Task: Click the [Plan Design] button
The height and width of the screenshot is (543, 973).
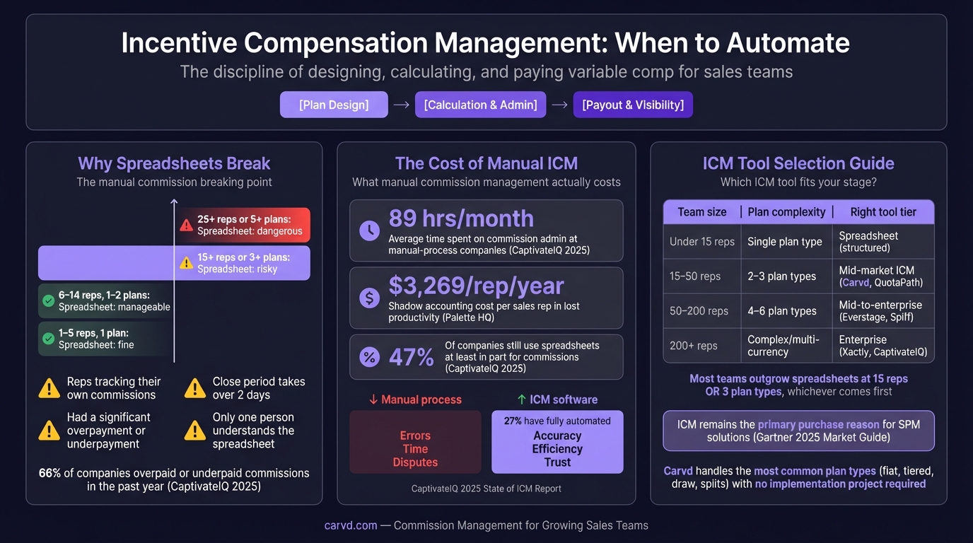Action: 334,105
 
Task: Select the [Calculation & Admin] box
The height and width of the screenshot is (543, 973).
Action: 480,105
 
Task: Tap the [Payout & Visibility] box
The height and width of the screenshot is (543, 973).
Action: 633,105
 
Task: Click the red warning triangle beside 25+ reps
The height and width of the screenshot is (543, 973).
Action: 186,225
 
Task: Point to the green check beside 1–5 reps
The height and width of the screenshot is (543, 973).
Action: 48,339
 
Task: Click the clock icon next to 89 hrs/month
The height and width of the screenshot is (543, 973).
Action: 369,230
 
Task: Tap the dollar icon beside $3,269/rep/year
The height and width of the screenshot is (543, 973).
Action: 369,298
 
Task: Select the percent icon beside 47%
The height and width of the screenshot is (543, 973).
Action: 369,357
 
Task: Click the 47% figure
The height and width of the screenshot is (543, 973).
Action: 411,357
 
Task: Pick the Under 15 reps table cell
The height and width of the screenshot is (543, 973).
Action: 701,242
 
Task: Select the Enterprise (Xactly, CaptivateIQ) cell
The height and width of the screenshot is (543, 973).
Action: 882,346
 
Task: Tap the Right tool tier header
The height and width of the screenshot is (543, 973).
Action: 883,212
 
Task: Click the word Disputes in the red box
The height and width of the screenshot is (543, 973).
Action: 415,462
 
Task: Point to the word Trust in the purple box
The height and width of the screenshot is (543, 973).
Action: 557,462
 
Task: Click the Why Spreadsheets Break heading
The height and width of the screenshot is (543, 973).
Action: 174,163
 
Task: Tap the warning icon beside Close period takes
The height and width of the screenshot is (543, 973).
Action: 195,388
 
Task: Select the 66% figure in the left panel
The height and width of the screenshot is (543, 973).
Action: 49,472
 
